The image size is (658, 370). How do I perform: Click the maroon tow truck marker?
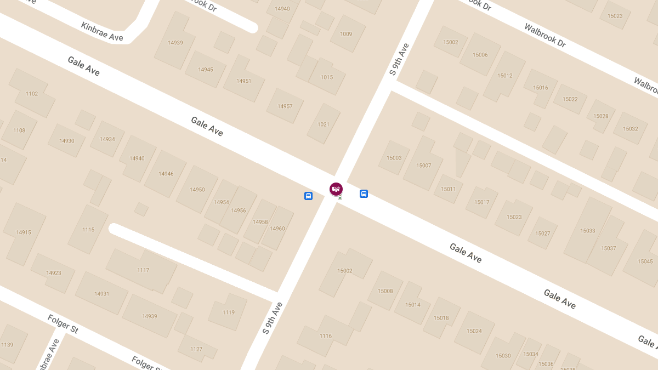point(336,189)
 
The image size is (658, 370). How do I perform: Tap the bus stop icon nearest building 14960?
point(308,196)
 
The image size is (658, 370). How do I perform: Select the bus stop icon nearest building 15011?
point(364,193)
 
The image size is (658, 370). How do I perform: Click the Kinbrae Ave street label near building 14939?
point(102,32)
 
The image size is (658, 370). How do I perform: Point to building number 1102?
point(32,94)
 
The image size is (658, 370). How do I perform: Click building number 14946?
point(166,174)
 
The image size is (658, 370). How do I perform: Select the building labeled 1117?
point(143,270)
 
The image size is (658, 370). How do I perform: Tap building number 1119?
point(229,312)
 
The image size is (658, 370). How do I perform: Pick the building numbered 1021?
point(324,124)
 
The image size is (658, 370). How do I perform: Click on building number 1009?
point(346,34)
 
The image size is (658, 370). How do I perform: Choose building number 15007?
point(424,166)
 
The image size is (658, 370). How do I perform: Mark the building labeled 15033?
point(588,231)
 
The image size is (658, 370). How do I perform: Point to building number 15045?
point(645,261)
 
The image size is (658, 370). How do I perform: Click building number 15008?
point(385,291)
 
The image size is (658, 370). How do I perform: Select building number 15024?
point(474,331)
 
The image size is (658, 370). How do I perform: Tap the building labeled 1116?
point(326,336)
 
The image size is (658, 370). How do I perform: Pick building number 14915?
point(24,232)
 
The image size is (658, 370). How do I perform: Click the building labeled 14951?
point(244,81)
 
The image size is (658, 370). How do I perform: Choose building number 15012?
point(505,76)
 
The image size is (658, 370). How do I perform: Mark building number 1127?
point(196,349)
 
